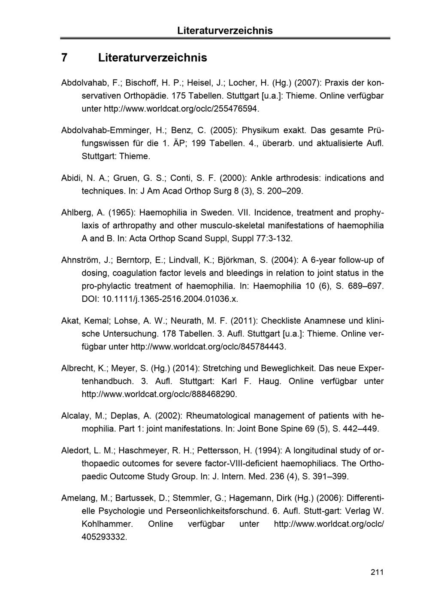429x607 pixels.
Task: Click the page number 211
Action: coord(377,572)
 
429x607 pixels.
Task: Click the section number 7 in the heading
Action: coord(64,58)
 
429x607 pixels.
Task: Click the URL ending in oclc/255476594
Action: coord(182,108)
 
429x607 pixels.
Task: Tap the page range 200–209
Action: coord(285,191)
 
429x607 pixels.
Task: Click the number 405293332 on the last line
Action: coord(104,537)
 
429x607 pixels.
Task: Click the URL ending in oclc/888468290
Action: coord(159,394)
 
